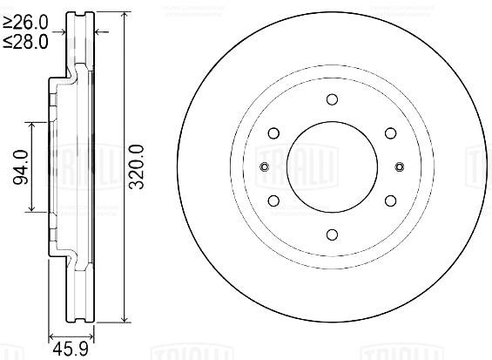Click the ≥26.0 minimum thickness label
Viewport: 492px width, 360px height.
[24, 21]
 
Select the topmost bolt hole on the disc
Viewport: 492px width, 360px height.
[332, 99]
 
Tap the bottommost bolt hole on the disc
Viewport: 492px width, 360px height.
[332, 234]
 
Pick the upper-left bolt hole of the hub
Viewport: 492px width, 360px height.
[273, 133]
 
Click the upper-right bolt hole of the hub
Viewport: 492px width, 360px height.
[389, 133]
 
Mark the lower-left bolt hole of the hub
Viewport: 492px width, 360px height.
[273, 200]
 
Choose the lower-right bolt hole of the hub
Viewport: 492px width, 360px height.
[389, 200]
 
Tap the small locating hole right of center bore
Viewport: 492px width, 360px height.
[399, 166]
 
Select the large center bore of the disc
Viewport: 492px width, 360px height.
[332, 166]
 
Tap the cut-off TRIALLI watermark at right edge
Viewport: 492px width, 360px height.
[480, 166]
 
